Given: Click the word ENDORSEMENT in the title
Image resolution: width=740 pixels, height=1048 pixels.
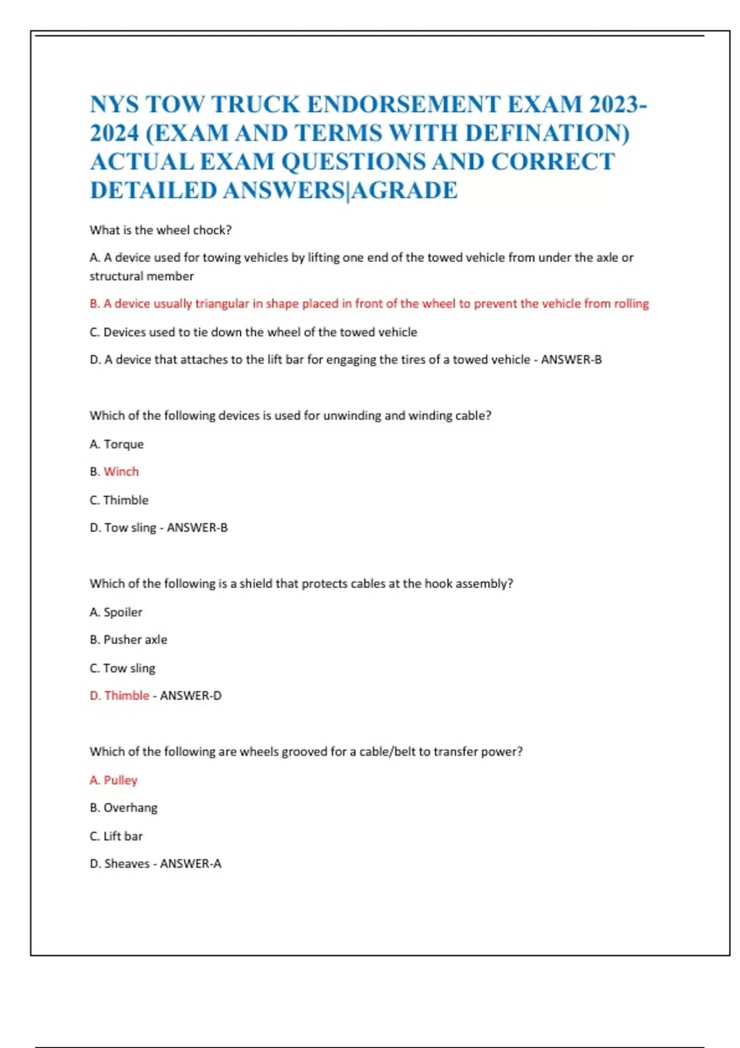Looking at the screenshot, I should click(403, 104).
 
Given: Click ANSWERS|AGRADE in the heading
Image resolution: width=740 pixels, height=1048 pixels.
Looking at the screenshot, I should click(340, 190).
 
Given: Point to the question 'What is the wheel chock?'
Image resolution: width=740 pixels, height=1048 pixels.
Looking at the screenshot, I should click(160, 230).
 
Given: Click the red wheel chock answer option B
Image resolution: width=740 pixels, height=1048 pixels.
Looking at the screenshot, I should click(369, 303).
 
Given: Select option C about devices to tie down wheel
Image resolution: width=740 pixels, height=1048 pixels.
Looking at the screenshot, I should click(253, 332).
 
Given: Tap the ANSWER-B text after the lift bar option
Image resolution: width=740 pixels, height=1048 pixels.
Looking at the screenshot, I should click(571, 359).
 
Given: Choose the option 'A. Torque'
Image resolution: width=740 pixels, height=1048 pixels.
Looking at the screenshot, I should click(117, 444).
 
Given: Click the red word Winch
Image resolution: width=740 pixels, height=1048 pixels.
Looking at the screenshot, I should click(121, 472).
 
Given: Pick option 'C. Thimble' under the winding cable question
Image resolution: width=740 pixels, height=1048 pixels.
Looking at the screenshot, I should click(119, 500).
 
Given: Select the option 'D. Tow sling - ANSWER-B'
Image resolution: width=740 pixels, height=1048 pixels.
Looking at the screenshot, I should click(158, 528).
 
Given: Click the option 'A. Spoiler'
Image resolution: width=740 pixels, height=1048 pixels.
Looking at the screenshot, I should click(116, 612).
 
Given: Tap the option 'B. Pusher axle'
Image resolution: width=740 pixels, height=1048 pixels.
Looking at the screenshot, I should click(128, 640).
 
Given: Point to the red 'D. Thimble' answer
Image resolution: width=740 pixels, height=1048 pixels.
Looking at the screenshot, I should click(120, 695).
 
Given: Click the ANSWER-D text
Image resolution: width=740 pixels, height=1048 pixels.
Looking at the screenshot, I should click(191, 695).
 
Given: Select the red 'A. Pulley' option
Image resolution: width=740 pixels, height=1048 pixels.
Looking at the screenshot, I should click(113, 780).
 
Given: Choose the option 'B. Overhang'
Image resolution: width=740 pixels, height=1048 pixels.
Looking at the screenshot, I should click(123, 808).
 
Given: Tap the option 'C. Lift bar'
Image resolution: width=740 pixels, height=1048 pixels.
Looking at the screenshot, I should click(116, 836).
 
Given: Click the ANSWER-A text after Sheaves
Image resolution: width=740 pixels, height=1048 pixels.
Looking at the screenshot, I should click(191, 864).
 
